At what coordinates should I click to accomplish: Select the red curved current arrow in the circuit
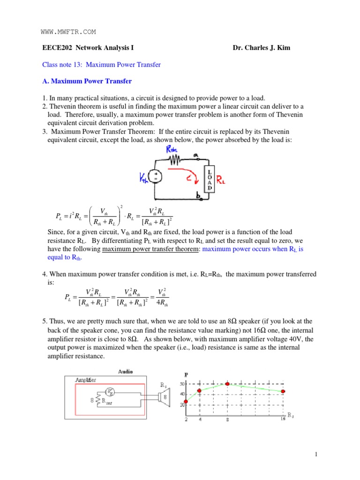185,174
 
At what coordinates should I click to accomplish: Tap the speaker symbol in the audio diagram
165,397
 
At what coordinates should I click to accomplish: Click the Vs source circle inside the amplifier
110,391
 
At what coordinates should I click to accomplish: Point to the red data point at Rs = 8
228,384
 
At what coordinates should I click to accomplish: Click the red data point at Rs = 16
283,391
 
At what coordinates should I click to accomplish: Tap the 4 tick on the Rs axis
200,420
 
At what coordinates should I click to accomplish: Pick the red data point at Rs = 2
186,401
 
